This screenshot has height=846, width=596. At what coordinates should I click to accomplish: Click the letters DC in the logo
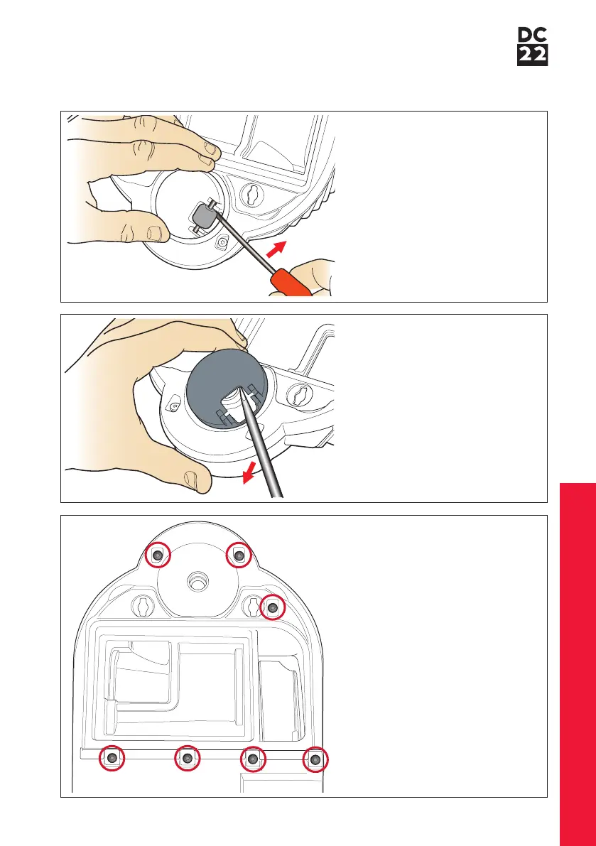point(532,35)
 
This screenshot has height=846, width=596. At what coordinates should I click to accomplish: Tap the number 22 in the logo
point(532,55)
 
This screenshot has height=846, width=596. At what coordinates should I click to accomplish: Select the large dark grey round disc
point(227,389)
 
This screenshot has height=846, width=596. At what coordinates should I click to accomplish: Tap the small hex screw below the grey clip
point(221,244)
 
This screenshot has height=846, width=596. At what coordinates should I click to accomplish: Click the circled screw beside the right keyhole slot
point(272,608)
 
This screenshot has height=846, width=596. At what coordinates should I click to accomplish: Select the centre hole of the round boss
point(196,582)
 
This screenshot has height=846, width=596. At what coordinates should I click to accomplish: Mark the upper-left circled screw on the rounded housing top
point(158,555)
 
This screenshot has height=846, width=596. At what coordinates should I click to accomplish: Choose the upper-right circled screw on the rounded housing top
point(239,555)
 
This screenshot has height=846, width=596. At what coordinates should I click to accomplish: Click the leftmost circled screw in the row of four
point(112,758)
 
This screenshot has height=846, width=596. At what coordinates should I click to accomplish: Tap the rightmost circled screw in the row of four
point(315,759)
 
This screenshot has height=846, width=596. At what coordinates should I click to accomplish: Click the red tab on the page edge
point(578,664)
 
